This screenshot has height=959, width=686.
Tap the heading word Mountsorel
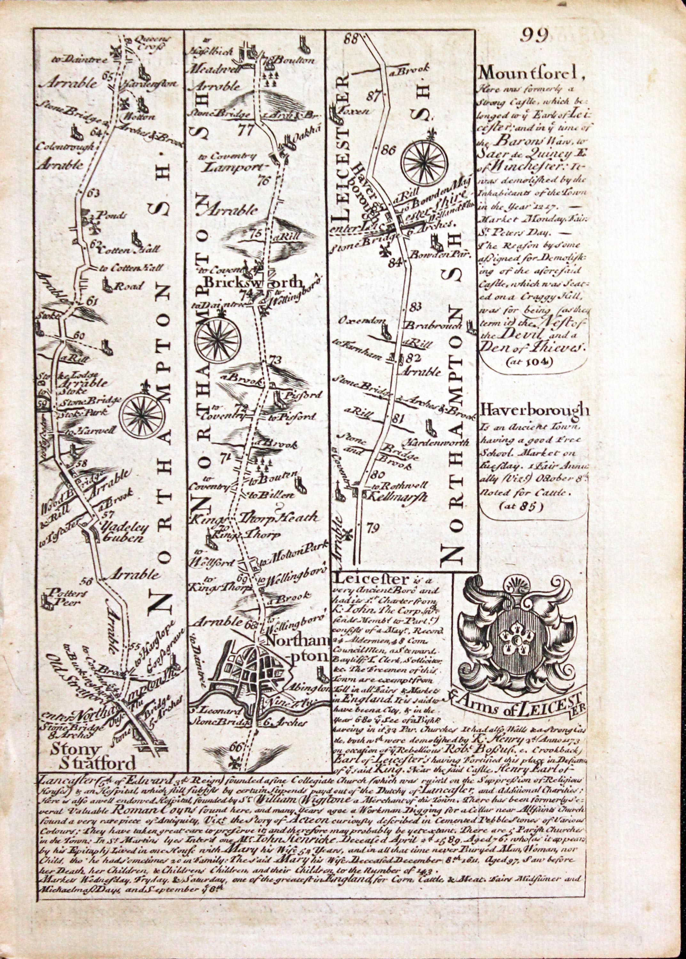[532, 74]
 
